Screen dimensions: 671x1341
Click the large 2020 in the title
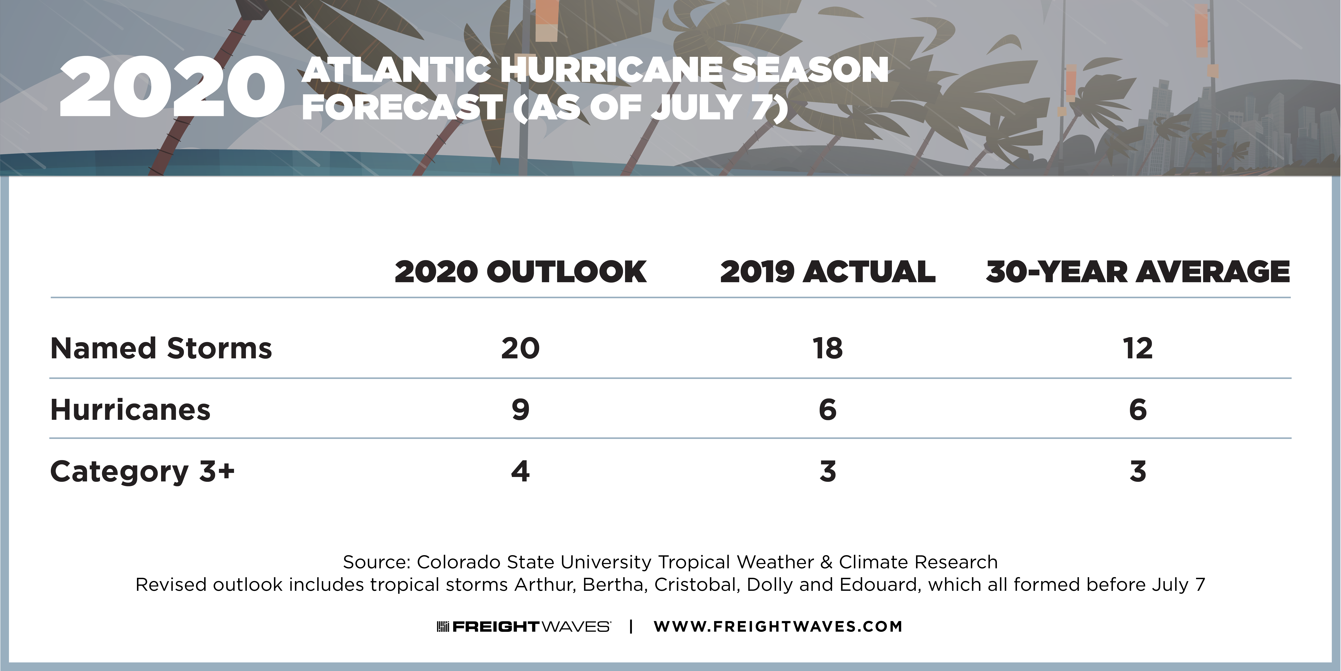(x=172, y=87)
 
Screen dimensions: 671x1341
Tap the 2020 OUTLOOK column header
(x=521, y=272)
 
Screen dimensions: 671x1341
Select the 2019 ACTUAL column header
(x=828, y=272)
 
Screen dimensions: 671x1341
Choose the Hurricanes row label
(x=130, y=409)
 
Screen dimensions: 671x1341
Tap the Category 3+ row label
(x=142, y=471)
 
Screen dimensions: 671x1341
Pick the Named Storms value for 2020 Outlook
(x=521, y=348)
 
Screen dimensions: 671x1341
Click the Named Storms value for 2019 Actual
(x=828, y=348)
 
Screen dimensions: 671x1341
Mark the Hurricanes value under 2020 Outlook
(x=521, y=409)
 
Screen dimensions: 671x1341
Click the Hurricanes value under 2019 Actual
(x=828, y=409)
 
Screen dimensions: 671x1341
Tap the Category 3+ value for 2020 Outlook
(x=521, y=471)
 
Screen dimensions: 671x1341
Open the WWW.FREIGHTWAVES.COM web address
(x=778, y=626)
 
